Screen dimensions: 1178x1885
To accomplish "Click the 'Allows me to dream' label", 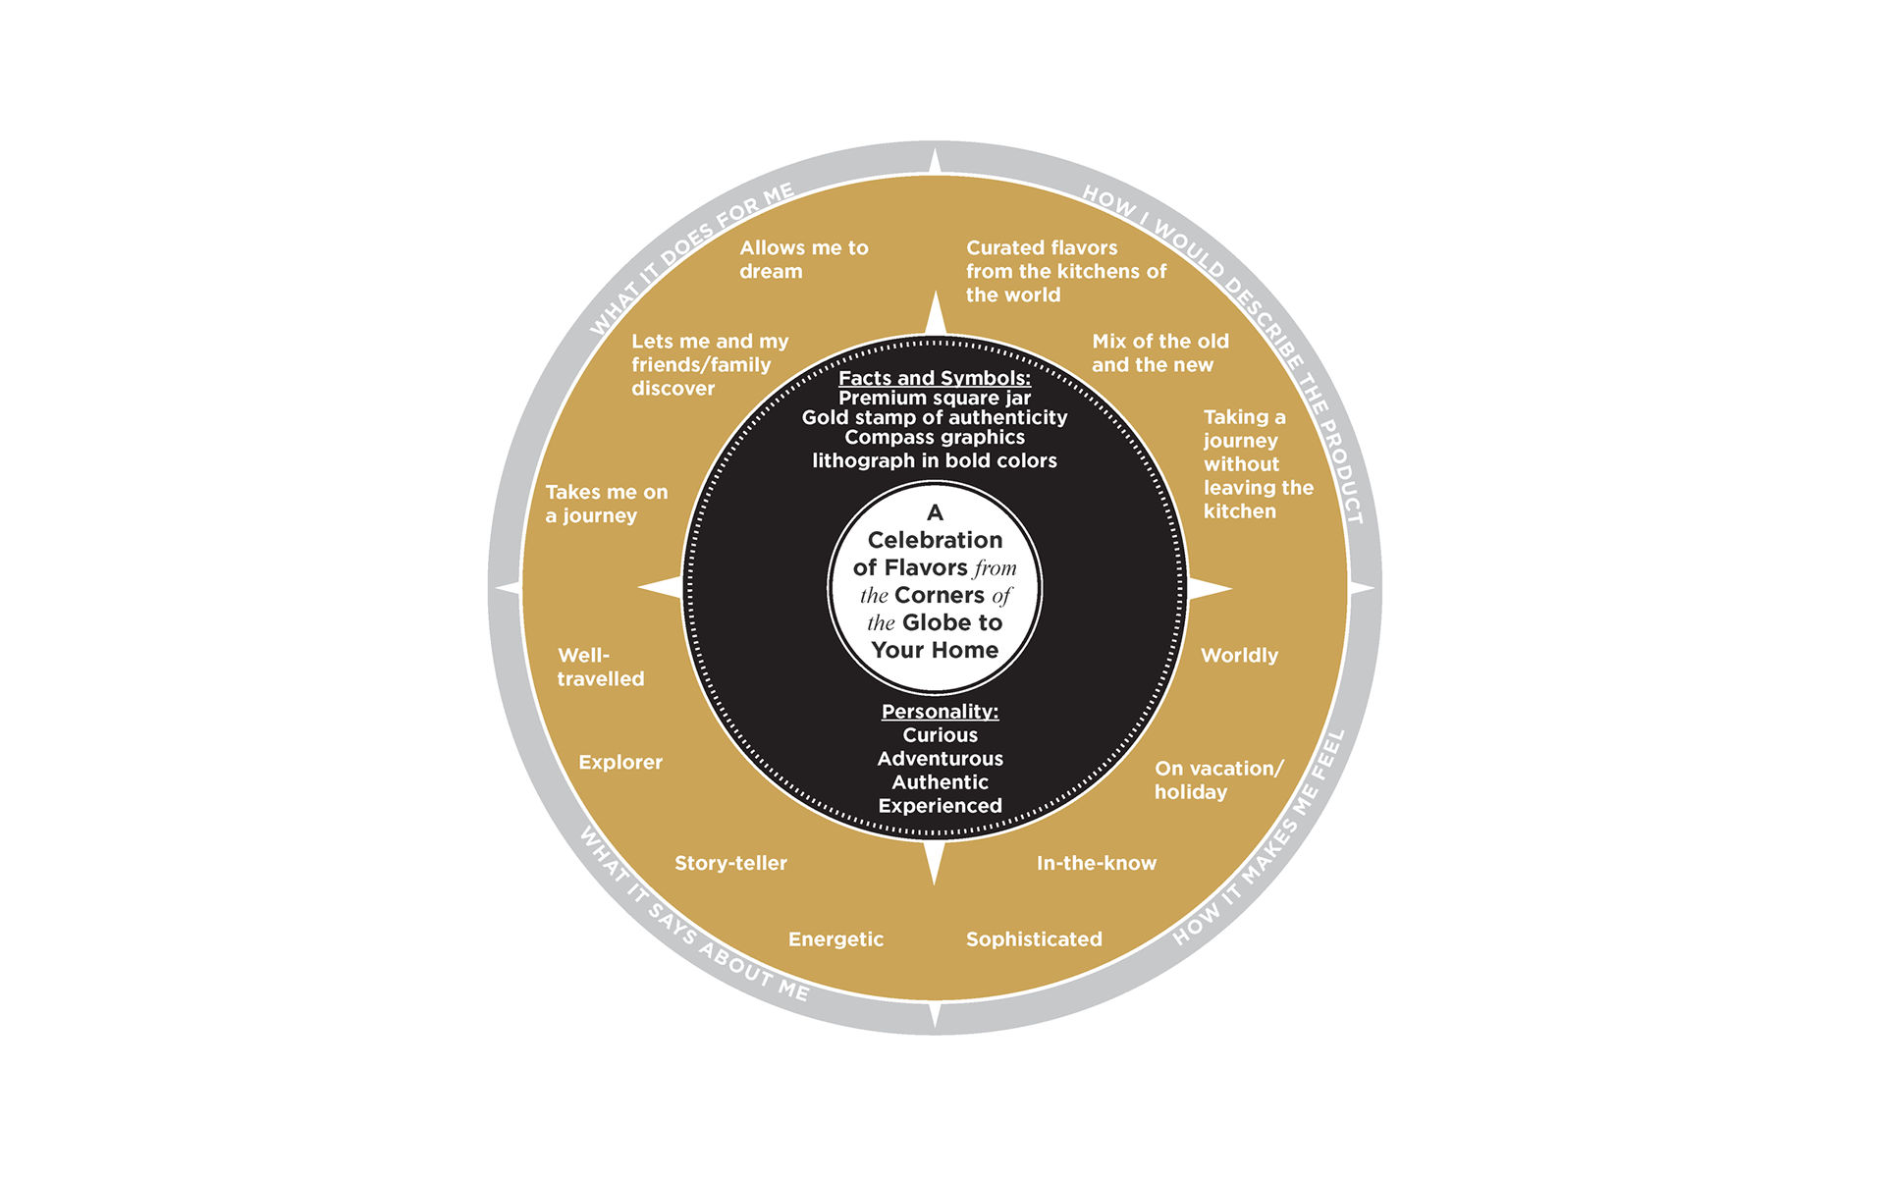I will point(803,260).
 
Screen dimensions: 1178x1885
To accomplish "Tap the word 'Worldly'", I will point(1239,656).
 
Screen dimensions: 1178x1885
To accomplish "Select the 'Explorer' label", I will point(619,763).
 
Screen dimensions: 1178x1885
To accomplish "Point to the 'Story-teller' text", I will point(730,864).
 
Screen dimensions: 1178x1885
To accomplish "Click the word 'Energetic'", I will point(835,939).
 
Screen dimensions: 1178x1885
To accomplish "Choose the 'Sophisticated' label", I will point(1034,939).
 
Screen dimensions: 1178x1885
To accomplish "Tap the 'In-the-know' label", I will point(1096,864).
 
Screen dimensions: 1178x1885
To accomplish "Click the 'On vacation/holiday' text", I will point(1217,780).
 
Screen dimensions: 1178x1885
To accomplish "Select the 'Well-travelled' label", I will point(600,668).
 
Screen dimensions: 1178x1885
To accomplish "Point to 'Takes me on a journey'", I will point(606,505).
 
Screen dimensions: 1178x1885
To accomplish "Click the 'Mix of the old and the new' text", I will point(1159,353).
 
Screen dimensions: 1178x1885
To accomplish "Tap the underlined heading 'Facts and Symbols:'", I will point(935,378).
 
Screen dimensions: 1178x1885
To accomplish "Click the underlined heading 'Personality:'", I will point(940,712).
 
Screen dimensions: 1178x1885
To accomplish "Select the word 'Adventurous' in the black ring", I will point(940,759).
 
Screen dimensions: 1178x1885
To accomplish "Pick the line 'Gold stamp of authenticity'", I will point(935,418).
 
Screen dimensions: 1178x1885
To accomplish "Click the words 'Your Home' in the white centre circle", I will point(935,650).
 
